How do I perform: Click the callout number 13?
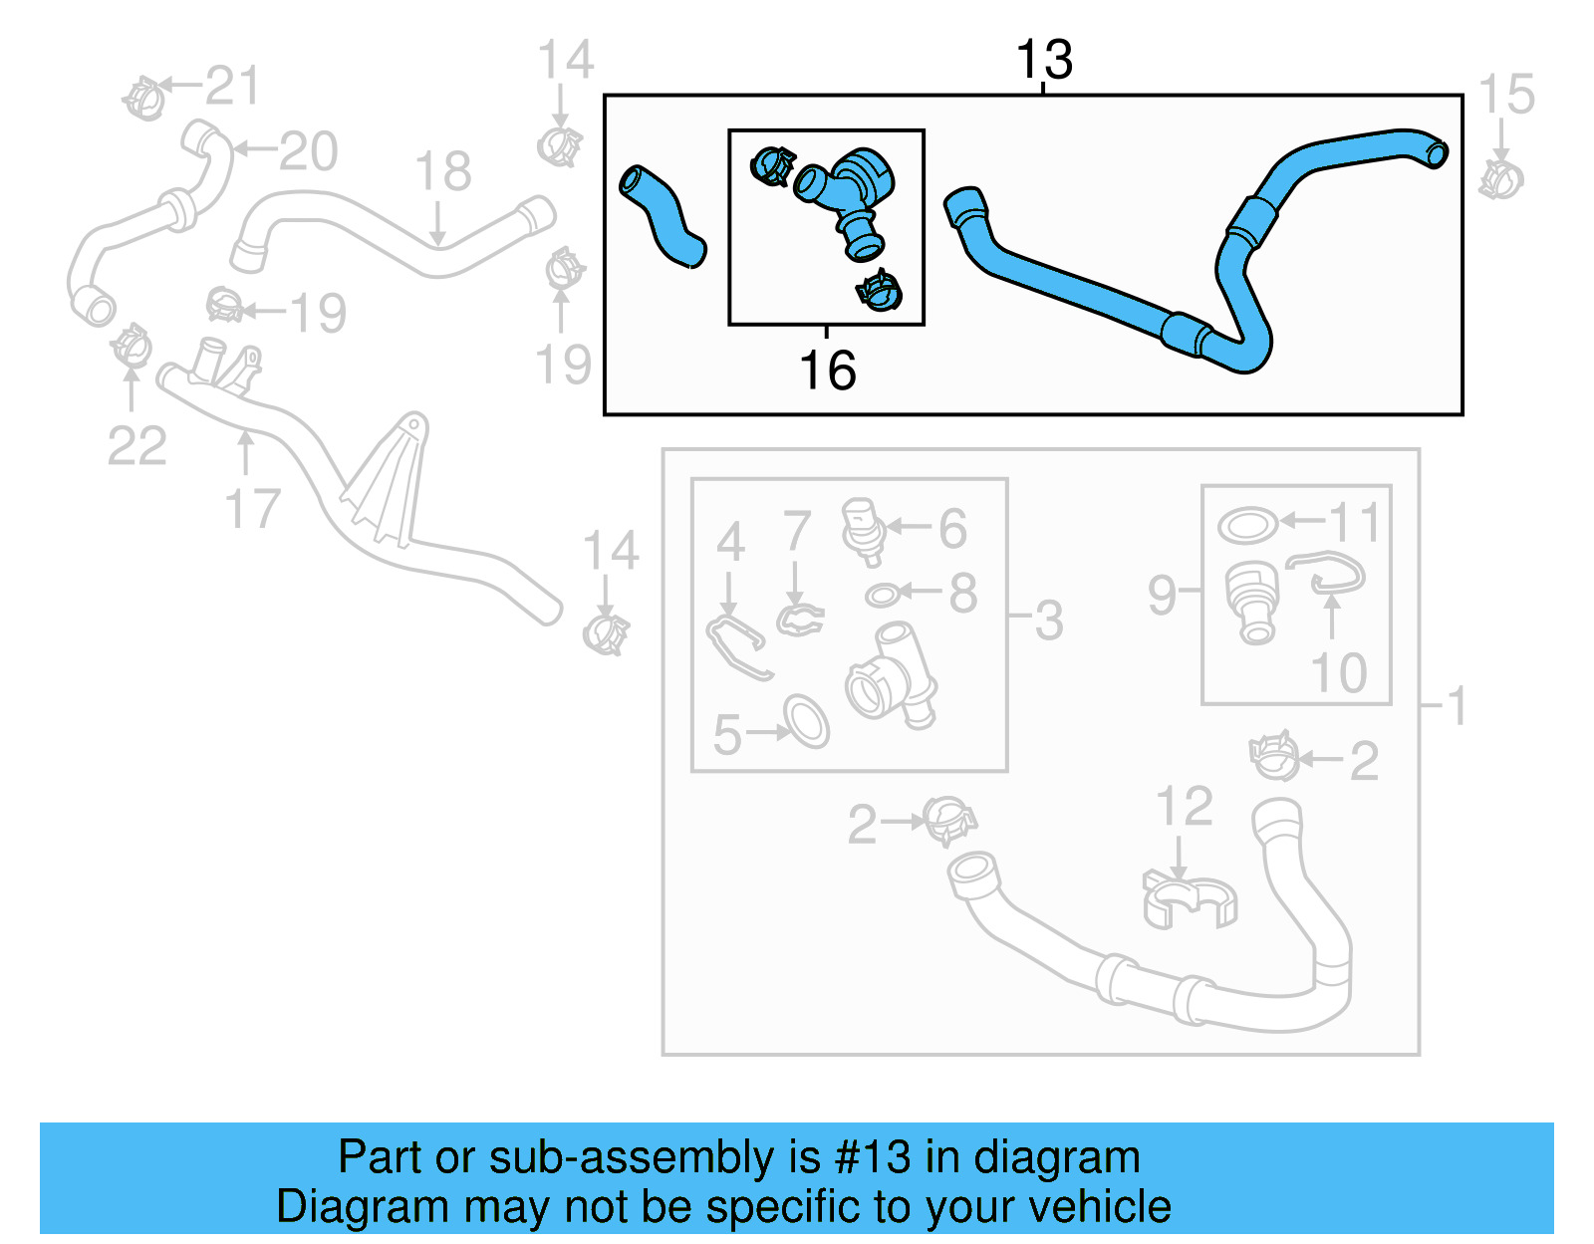click(x=1043, y=61)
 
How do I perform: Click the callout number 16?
click(x=827, y=371)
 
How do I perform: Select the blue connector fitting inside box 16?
click(x=847, y=194)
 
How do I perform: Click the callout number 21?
click(x=231, y=86)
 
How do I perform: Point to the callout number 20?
click(x=308, y=151)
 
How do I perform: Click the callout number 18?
click(x=442, y=171)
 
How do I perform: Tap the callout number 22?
click(x=136, y=445)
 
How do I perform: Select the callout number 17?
click(x=252, y=509)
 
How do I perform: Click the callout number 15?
click(x=1505, y=96)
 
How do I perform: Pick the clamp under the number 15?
click(x=1500, y=179)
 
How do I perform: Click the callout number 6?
click(x=952, y=529)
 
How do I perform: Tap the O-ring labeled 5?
click(x=806, y=721)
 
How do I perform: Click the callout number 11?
click(x=1355, y=521)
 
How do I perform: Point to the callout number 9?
click(x=1162, y=595)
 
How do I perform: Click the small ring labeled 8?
click(x=882, y=596)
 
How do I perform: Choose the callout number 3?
click(x=1048, y=621)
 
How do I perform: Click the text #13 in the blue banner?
click(x=873, y=1157)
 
